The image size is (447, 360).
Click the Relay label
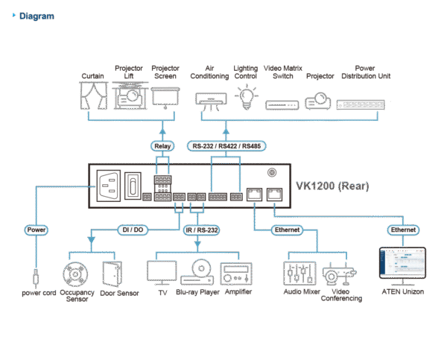pos(162,145)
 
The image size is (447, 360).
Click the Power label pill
pos(36,230)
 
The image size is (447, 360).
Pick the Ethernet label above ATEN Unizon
pos(402,230)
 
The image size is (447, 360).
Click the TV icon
pos(162,272)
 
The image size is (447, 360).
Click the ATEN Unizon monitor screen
pos(402,265)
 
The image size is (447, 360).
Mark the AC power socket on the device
pos(106,186)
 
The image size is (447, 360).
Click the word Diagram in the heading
pos(37,16)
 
